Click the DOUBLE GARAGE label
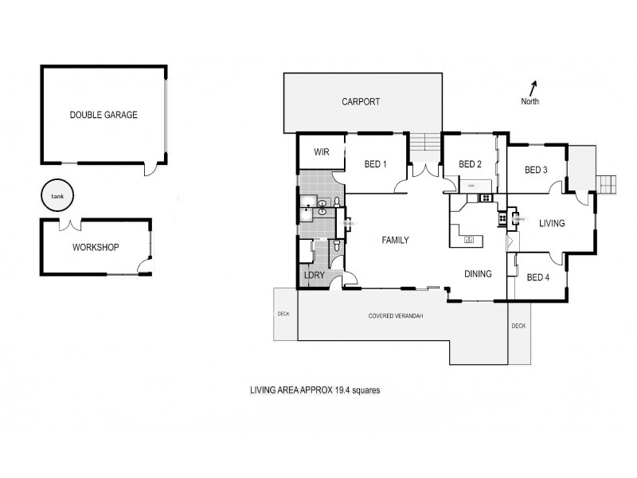click(x=104, y=115)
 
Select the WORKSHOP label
click(x=96, y=248)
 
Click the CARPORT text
click(x=361, y=102)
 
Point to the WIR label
click(x=322, y=151)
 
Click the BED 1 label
click(x=375, y=165)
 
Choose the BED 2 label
click(x=471, y=165)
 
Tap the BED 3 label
click(x=536, y=170)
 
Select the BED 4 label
click(x=538, y=277)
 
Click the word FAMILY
click(x=395, y=240)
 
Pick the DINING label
click(x=479, y=273)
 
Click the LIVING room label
click(x=551, y=224)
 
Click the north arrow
click(x=533, y=88)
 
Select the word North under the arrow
click(x=530, y=102)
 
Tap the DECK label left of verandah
click(x=283, y=314)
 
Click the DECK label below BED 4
click(x=518, y=326)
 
